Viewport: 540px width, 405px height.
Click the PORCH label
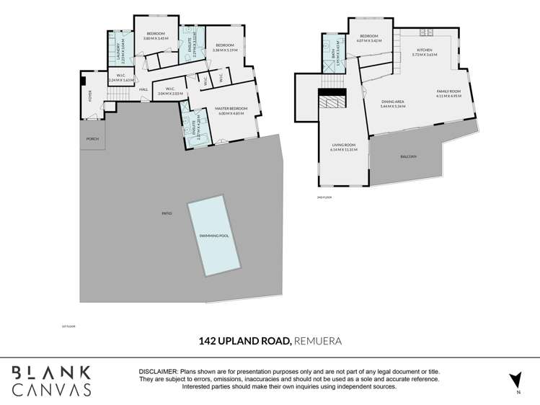[92, 138]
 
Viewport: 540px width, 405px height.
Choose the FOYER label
[91, 94]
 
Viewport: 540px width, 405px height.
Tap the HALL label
[143, 89]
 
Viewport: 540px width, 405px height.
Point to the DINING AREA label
[394, 102]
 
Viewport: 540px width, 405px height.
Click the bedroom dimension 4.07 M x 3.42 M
[369, 40]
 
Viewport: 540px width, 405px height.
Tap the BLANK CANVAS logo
[51, 380]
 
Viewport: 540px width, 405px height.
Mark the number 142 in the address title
[208, 339]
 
